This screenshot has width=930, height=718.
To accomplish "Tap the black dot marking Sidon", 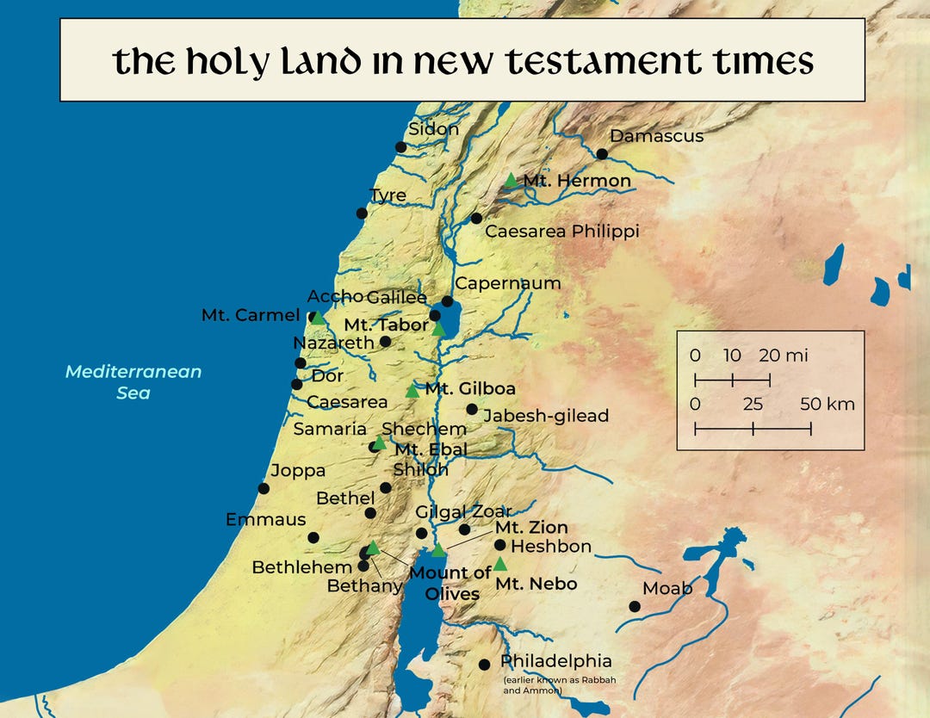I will pos(400,147).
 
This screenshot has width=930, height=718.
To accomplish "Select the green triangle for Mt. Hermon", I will pos(512,181).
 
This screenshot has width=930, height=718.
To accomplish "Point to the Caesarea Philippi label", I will pos(561,232).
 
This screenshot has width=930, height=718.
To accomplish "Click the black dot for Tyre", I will pos(362,214).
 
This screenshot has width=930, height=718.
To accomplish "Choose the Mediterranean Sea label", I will pos(133,382).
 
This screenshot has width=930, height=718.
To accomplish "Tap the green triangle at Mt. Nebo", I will pos(500,564).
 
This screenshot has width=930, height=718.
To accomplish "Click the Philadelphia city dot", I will pos(484,665).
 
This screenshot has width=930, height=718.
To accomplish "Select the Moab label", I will pos(667,588).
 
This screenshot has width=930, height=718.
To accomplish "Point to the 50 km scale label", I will pos(828,405).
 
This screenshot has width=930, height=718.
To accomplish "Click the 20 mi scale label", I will pos(784,356).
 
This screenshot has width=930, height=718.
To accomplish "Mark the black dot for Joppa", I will pos(263,488).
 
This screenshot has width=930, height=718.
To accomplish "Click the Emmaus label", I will pos(265,519).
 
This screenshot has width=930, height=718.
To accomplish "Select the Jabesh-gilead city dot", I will pos(472,409).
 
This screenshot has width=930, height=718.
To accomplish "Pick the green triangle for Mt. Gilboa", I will pos(412,392).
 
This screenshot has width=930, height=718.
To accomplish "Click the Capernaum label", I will pos(507,283).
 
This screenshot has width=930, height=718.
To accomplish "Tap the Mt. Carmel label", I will pos(250,315).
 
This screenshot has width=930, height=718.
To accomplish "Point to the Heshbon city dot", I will pos(500,545).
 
